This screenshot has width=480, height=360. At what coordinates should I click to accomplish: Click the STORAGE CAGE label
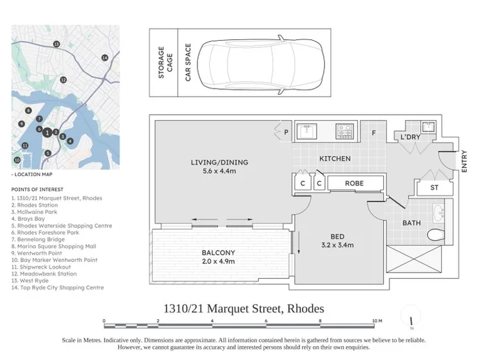pyautogui.click(x=165, y=63)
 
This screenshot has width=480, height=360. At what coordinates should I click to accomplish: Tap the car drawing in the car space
pyautogui.click(x=261, y=64)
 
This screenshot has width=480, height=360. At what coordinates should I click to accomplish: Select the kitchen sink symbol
pyautogui.click(x=306, y=131)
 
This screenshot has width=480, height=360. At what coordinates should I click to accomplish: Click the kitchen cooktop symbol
pyautogui.click(x=345, y=131)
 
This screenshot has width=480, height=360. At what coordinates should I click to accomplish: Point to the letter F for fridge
pyautogui.click(x=373, y=133)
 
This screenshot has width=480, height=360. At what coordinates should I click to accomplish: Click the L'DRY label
pyautogui.click(x=410, y=137)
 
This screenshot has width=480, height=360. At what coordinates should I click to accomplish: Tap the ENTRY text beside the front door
pyautogui.click(x=464, y=161)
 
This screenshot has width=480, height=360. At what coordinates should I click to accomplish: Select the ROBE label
pyautogui.click(x=354, y=183)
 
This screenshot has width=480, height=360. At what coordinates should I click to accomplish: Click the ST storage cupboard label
pyautogui.click(x=434, y=187)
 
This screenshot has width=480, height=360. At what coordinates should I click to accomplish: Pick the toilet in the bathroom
pyautogui.click(x=435, y=235)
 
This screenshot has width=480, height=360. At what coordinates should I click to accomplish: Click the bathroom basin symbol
pyautogui.click(x=439, y=213)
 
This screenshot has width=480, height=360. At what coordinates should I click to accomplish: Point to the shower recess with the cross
pyautogui.click(x=414, y=259)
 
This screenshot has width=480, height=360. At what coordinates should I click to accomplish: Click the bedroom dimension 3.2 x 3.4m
pyautogui.click(x=337, y=245)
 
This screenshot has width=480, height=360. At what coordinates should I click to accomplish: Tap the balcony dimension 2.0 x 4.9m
pyautogui.click(x=218, y=261)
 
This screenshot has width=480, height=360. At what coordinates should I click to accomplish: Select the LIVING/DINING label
pyautogui.click(x=219, y=163)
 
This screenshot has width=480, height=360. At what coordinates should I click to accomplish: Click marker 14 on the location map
pyautogui.click(x=105, y=57)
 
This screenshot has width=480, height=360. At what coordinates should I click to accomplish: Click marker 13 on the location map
pyautogui.click(x=56, y=44)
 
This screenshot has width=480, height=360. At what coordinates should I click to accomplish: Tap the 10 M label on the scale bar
pyautogui.click(x=377, y=321)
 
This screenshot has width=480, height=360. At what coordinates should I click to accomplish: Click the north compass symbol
pyautogui.click(x=411, y=321)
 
